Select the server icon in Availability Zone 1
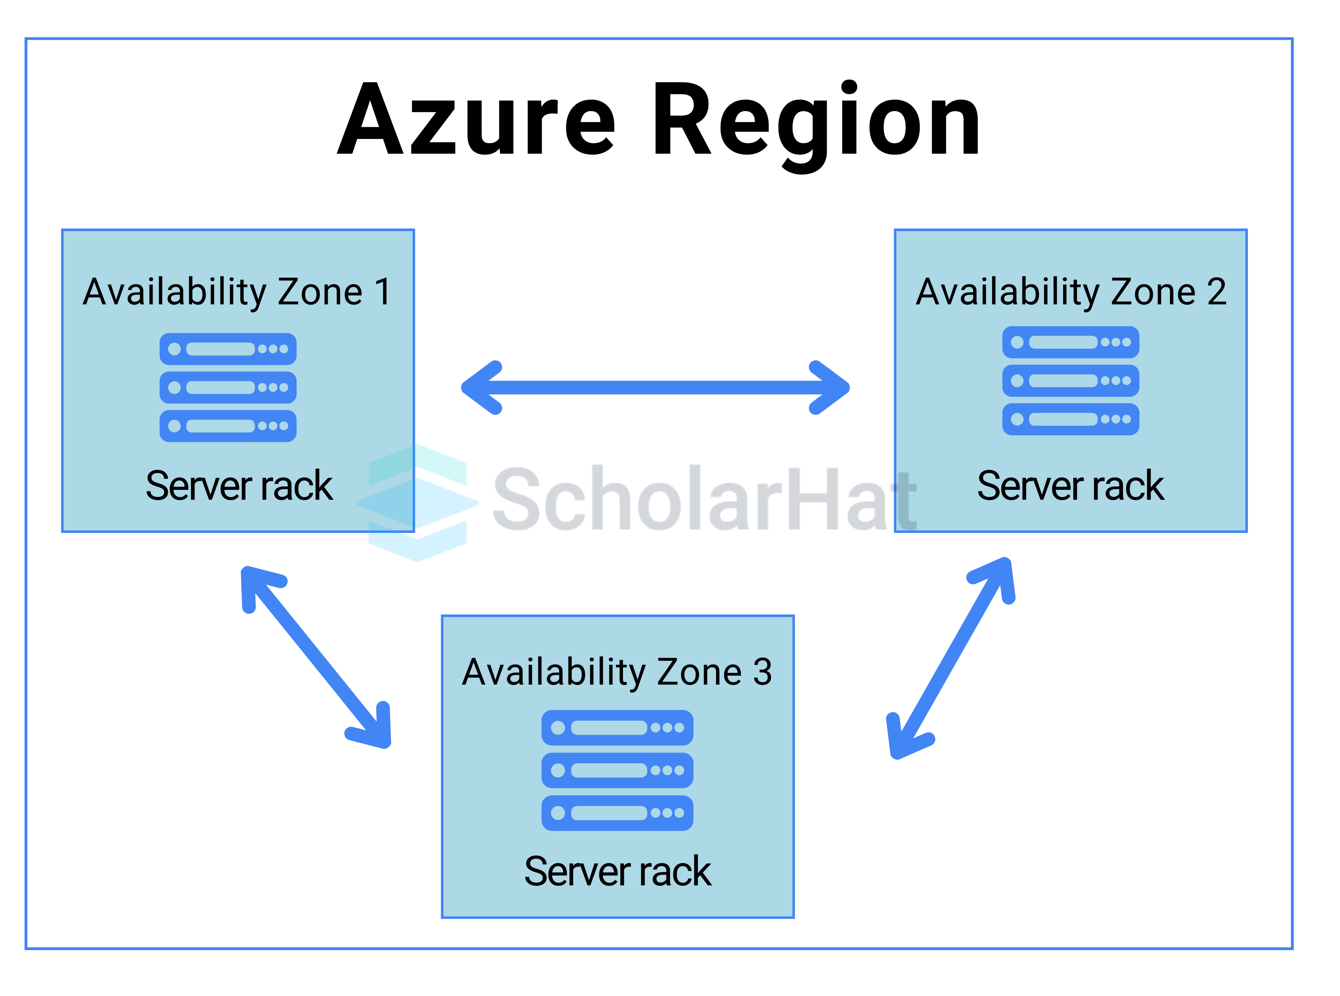(228, 387)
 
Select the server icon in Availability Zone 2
(1070, 381)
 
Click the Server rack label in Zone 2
(1070, 486)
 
